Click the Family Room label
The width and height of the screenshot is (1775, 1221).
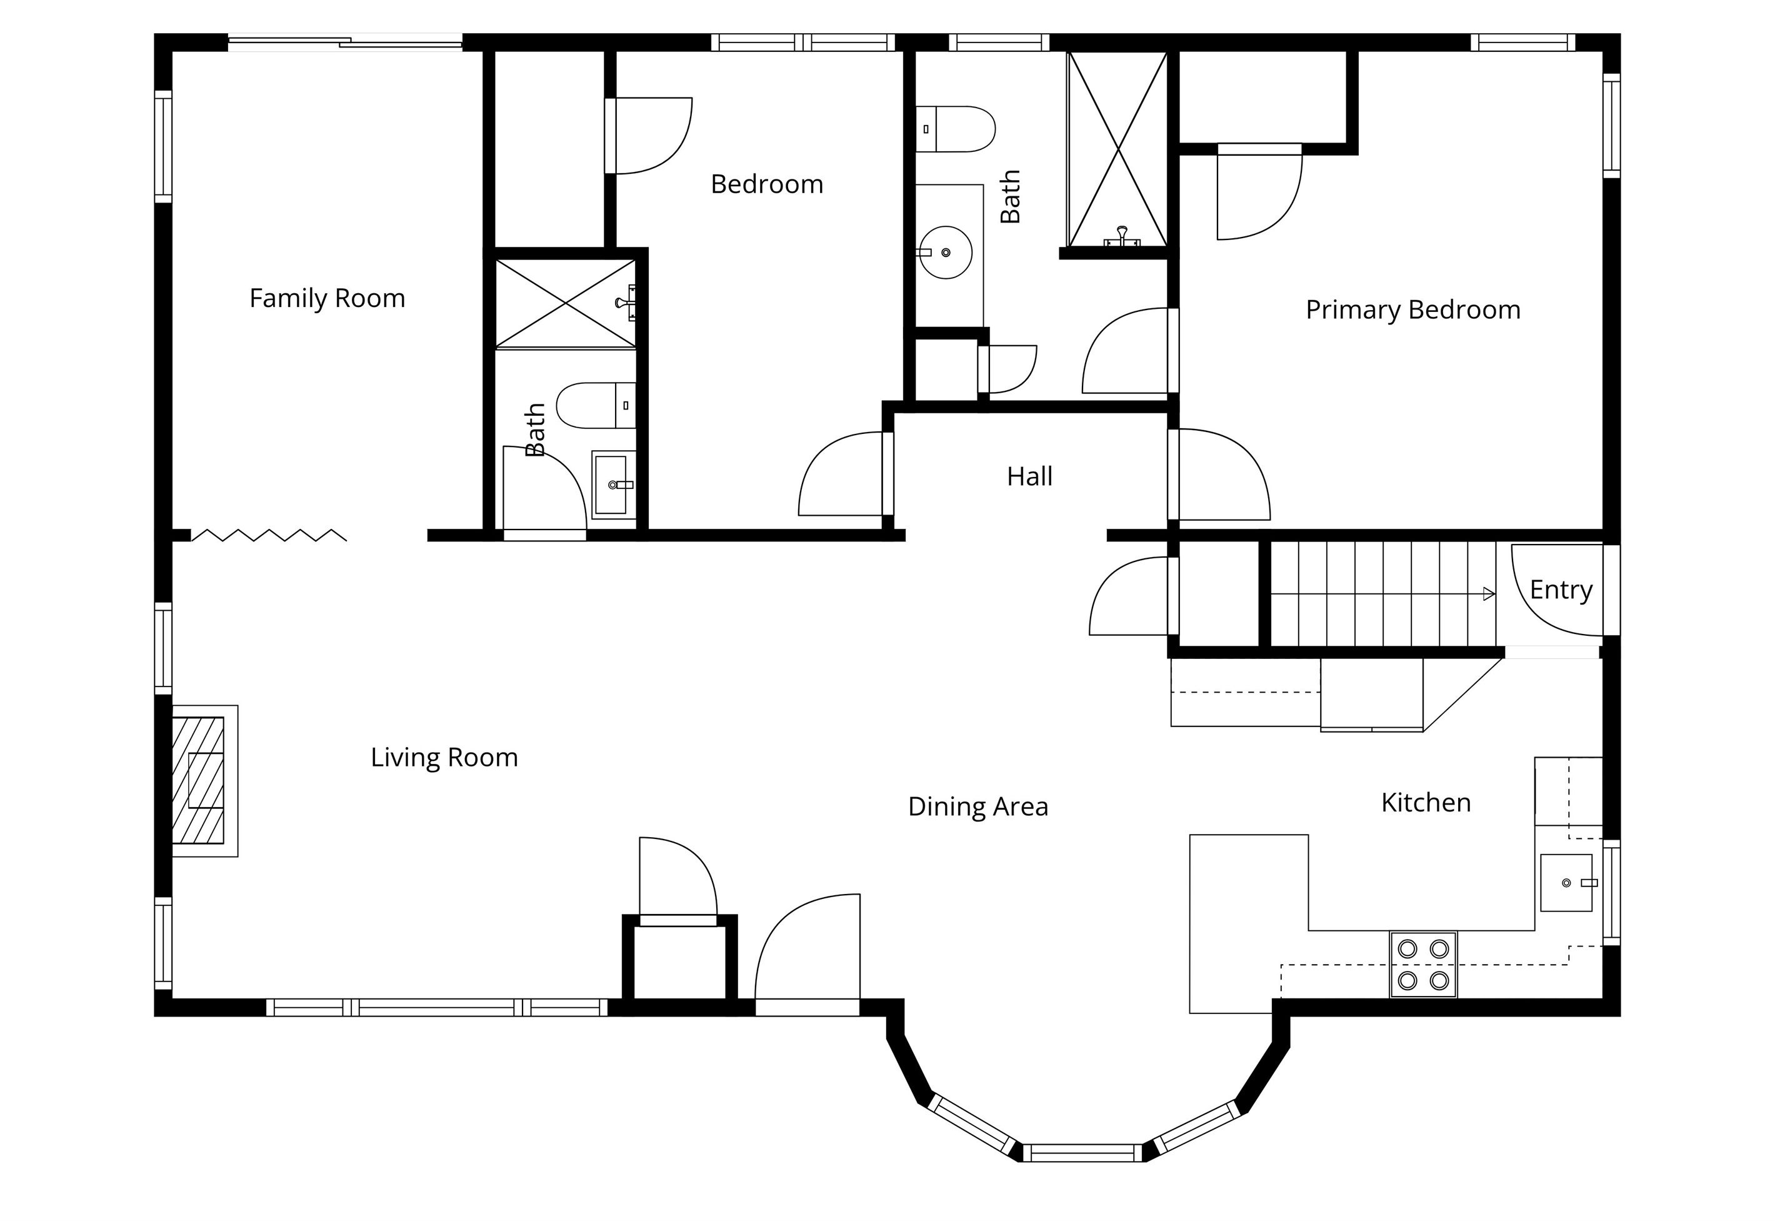[x=327, y=298]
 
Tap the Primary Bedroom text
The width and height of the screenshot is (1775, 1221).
[x=1412, y=310]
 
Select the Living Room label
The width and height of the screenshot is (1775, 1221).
[x=444, y=757]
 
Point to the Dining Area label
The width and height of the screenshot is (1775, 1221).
[x=977, y=806]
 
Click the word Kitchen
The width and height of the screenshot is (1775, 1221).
[x=1426, y=803]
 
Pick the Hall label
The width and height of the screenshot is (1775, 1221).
[x=1029, y=476]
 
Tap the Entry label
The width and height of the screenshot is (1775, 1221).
[x=1561, y=590]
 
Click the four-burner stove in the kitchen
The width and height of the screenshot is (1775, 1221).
[x=1423, y=964]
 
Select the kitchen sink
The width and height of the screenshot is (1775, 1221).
[x=1566, y=883]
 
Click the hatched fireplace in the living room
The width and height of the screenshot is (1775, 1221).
[x=198, y=780]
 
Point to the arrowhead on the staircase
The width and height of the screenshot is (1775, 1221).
[x=1489, y=594]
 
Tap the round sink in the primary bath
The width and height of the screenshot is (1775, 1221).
[x=945, y=252]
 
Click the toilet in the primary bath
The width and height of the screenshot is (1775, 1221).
[x=955, y=129]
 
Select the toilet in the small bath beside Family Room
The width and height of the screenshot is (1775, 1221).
[x=596, y=406]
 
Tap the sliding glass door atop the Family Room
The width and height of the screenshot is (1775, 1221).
[x=346, y=43]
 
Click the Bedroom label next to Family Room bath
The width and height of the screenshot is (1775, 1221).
[x=767, y=184]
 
